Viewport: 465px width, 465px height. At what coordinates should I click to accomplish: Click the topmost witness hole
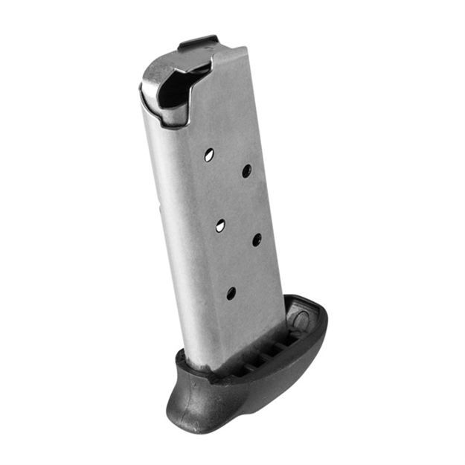pos(209,155)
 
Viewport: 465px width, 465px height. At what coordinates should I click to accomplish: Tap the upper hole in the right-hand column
pos(246,170)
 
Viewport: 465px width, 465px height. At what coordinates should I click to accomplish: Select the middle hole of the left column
pos(221,225)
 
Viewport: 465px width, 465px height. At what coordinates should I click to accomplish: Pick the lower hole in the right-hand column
pos(256,240)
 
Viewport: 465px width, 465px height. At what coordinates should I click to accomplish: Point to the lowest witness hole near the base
pos(231,292)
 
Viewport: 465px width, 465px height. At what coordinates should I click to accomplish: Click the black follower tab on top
pos(197,42)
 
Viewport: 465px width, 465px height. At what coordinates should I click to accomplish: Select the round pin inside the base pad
pos(301,321)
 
